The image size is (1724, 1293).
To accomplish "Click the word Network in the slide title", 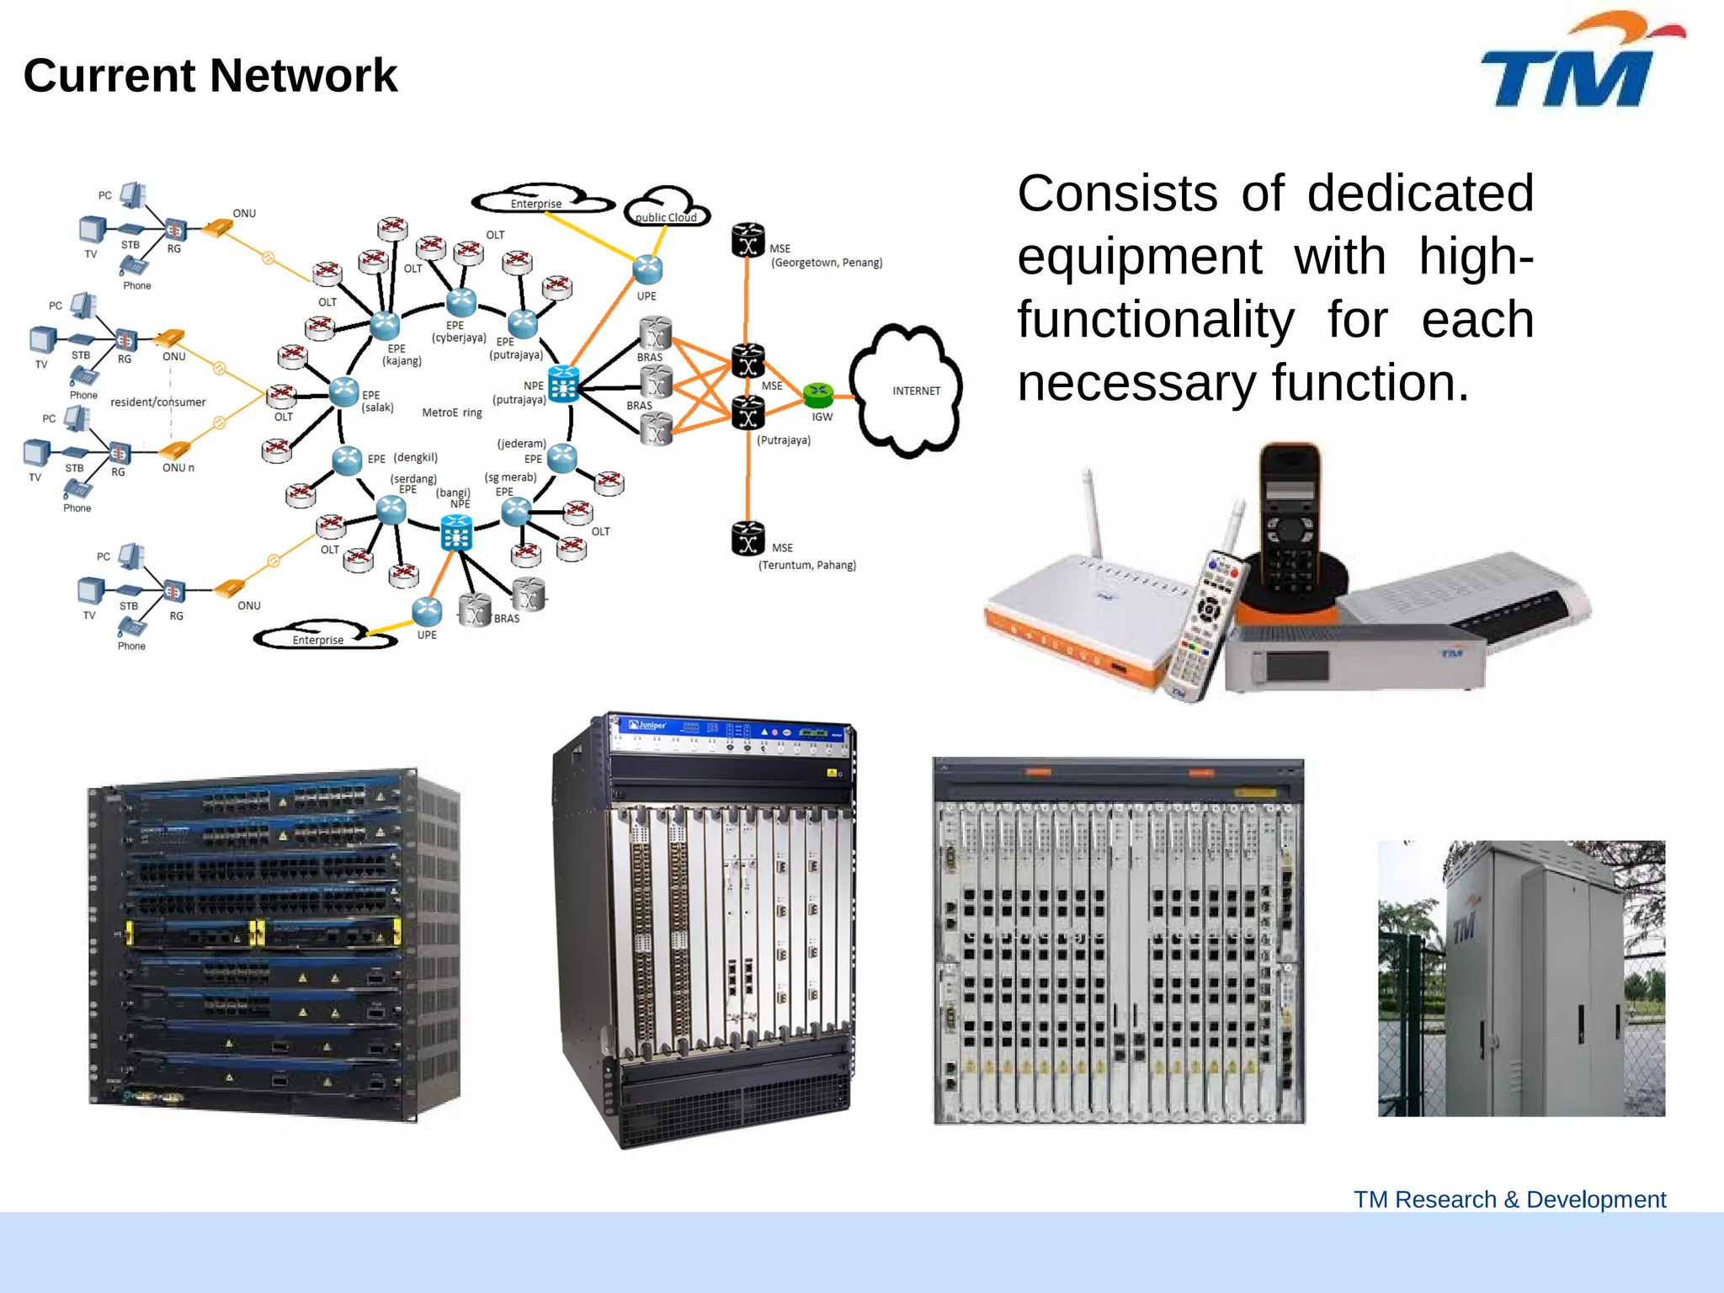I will click(304, 76).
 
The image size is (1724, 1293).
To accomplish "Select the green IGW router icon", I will click(817, 393).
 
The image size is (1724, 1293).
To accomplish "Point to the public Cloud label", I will click(666, 216).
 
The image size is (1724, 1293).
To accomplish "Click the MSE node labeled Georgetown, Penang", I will click(748, 240).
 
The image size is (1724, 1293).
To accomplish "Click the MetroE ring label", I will click(452, 412).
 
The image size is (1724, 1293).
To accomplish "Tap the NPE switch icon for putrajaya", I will click(563, 385).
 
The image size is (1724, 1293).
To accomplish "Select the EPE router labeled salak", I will click(343, 391).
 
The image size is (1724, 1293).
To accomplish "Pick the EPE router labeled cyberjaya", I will click(460, 302).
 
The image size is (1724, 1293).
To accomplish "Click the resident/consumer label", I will click(157, 402).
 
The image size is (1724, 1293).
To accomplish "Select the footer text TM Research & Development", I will click(1509, 1200).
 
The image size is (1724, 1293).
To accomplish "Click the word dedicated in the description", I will click(1420, 194).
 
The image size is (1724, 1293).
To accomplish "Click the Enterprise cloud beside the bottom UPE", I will click(321, 637).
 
